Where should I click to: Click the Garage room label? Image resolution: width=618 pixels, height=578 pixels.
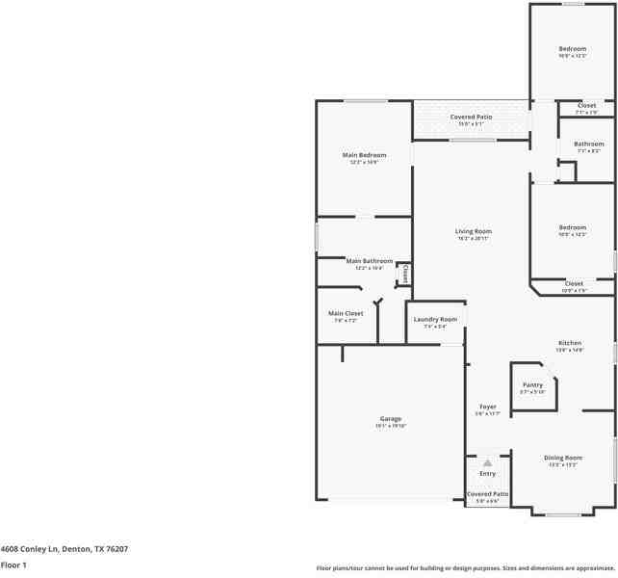390,419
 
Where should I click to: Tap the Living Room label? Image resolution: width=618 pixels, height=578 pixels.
474,231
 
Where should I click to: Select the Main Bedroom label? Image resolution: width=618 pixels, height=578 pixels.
364,155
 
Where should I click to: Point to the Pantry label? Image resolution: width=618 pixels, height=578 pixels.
532,385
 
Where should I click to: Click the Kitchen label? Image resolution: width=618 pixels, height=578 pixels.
570,343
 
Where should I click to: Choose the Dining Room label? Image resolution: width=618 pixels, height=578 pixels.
563,458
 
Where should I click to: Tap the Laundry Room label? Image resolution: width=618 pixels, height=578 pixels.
435,319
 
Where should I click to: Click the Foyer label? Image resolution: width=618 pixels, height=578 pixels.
487,407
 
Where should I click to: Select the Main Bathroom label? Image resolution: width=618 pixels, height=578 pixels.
370,261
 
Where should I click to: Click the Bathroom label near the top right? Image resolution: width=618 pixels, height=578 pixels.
588,144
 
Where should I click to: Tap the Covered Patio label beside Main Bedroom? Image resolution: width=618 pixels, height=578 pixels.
471,118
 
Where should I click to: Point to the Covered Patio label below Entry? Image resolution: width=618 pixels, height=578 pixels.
487,494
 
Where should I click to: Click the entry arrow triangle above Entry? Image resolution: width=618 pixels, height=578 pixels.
487,463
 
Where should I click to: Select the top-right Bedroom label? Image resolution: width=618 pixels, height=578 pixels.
573,49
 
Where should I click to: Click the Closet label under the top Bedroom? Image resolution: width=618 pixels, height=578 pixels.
586,105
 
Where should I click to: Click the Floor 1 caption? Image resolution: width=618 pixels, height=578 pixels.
13,565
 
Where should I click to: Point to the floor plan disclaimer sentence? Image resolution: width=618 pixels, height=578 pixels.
465,568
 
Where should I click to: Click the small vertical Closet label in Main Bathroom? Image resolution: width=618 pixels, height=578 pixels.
405,274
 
